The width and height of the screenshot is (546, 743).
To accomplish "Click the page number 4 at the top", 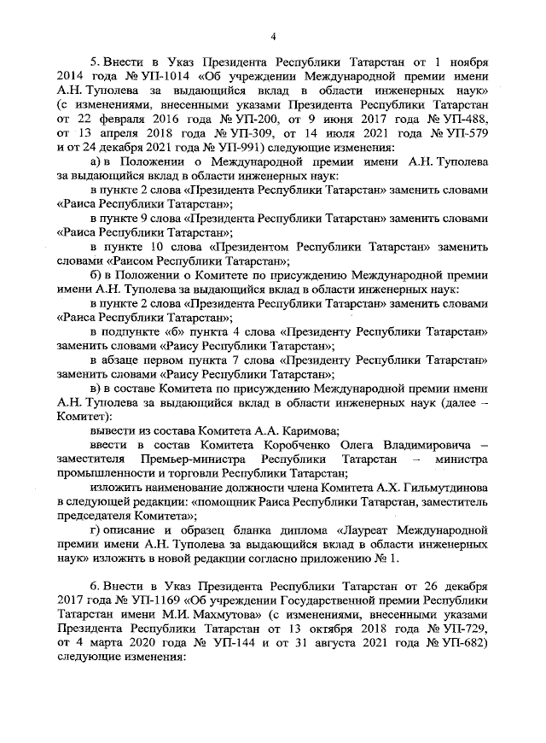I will pyautogui.click(x=273, y=35).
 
